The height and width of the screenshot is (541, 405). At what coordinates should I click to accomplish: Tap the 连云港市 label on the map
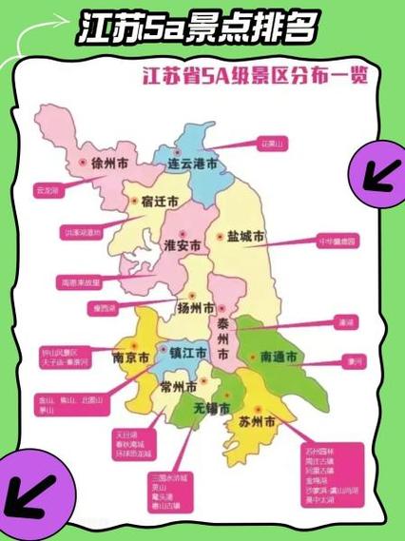coord(193,164)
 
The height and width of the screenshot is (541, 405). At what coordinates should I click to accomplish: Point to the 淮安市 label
coord(183,244)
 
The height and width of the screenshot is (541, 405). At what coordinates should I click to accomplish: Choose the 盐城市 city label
coord(245,236)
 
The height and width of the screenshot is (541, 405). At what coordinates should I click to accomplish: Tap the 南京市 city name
coord(130,358)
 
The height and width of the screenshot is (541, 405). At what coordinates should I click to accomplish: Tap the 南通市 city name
coord(280,357)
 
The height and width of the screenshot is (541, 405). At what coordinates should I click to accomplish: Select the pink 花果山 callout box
coord(273,144)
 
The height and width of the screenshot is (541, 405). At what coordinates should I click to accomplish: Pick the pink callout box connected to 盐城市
coord(337,242)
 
